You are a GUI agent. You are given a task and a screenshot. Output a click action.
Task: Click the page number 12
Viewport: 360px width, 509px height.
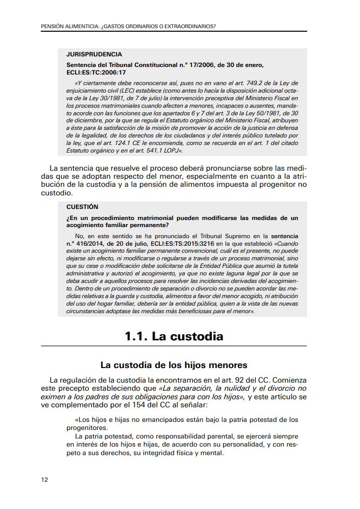(44, 479)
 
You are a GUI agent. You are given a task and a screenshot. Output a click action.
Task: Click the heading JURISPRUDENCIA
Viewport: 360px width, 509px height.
(94, 54)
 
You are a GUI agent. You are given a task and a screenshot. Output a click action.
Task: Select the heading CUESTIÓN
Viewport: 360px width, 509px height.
(82, 206)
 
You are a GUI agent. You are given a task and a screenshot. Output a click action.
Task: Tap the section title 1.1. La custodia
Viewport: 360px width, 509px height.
(174, 336)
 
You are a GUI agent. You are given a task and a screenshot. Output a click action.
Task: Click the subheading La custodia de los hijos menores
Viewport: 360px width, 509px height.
(174, 365)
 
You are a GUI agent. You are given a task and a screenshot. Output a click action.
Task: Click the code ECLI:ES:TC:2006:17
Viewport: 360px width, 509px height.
(96, 72)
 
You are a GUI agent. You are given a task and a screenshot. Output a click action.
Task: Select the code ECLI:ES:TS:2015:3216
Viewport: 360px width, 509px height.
(186, 243)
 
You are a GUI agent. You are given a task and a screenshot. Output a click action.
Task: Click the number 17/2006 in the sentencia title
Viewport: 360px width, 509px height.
(200, 65)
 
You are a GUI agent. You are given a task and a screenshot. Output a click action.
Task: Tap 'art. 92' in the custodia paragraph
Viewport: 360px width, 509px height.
(224, 380)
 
